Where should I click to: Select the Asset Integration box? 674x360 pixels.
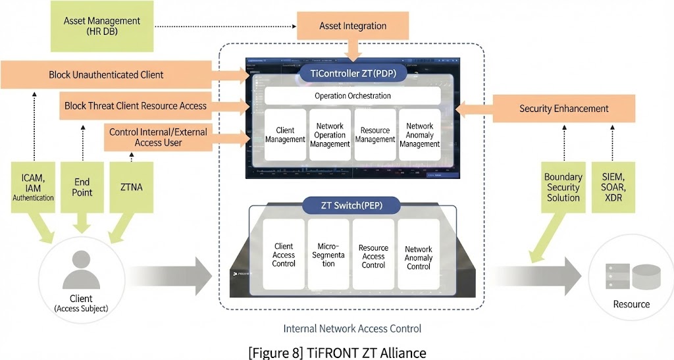[353, 26]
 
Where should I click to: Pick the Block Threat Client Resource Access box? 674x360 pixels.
[135, 105]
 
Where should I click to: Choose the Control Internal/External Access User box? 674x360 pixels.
[157, 136]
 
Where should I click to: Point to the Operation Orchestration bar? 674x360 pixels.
[352, 96]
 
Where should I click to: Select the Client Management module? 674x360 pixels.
[284, 134]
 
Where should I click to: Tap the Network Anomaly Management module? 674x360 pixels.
[419, 134]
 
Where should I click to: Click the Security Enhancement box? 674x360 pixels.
[563, 109]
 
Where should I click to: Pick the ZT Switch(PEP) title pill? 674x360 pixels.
[351, 205]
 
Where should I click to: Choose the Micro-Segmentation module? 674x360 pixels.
[328, 255]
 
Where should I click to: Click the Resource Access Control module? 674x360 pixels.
[373, 255]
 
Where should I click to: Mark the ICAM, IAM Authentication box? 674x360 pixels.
[33, 187]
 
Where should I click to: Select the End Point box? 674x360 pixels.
[82, 187]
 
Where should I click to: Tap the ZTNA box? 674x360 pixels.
[132, 187]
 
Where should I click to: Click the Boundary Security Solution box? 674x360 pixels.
[563, 187]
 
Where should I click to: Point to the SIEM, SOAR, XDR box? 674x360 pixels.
[613, 187]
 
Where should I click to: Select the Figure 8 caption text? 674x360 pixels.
[337, 352]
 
